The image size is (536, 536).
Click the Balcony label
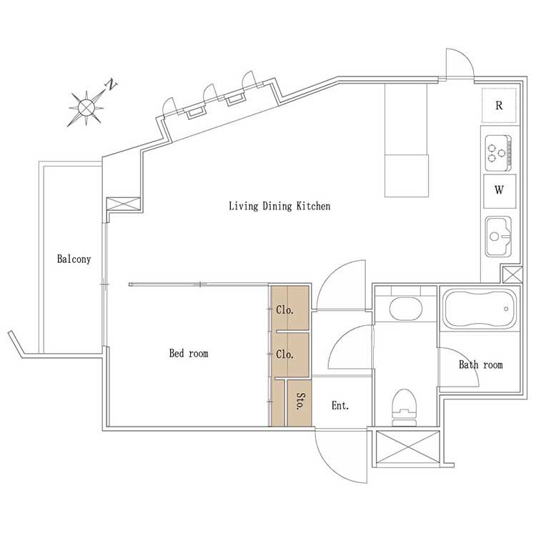tap(74, 259)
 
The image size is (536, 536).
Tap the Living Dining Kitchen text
tap(279, 206)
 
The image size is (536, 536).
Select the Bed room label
tap(189, 353)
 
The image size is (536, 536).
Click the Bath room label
tap(481, 364)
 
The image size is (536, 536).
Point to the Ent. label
tap(340, 405)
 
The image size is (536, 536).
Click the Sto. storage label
tap(300, 402)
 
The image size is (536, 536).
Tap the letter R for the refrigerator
tap(499, 105)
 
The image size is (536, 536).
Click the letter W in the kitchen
tap(499, 189)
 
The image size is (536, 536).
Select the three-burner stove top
tap(498, 153)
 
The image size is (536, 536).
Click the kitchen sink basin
tap(498, 237)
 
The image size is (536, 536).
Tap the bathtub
tap(480, 309)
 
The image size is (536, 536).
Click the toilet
tap(404, 407)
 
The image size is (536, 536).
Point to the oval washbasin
tap(405, 309)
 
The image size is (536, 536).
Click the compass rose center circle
tap(86, 107)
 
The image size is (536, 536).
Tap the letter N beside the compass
tap(111, 84)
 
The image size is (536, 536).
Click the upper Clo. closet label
tap(284, 309)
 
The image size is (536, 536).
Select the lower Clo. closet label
tap(284, 354)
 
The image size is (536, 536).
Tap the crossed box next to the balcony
tap(124, 204)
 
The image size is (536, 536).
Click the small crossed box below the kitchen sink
tap(512, 275)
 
